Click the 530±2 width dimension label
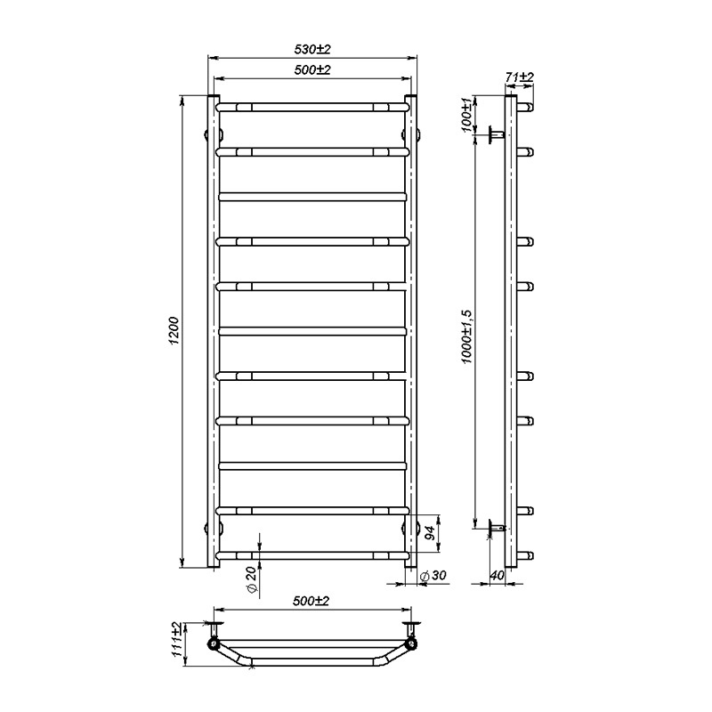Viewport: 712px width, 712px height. point(312,49)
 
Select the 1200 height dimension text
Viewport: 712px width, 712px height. point(174,331)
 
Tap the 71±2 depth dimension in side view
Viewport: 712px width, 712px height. point(519,77)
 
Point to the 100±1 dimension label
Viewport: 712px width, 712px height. point(466,115)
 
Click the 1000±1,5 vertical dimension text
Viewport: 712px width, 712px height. point(467,336)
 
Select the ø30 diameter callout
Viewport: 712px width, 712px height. point(433,575)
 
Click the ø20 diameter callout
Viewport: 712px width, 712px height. point(252,581)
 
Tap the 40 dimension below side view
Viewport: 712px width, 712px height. point(498,575)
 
